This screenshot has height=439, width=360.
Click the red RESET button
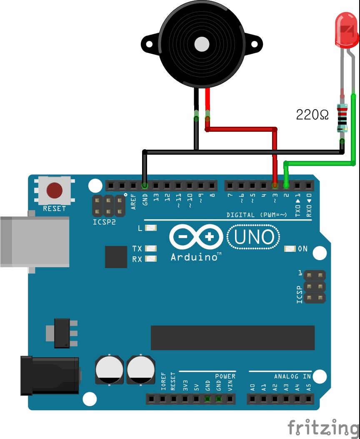click(x=55, y=190)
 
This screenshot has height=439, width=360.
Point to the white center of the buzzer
click(x=202, y=44)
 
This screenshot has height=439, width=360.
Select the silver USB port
click(x=35, y=241)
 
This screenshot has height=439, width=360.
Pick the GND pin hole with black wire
click(x=145, y=185)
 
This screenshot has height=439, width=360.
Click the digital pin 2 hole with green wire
click(x=286, y=185)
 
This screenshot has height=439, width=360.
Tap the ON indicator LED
click(x=290, y=249)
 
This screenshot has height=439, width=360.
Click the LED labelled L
click(x=151, y=228)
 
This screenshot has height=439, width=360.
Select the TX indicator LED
click(x=151, y=248)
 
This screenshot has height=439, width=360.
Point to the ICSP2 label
click(x=104, y=222)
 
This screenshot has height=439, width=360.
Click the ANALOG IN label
click(x=292, y=376)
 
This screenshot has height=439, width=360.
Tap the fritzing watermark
click(x=323, y=428)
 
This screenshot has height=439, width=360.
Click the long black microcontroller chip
click(x=232, y=338)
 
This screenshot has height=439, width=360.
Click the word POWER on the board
click(x=225, y=376)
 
